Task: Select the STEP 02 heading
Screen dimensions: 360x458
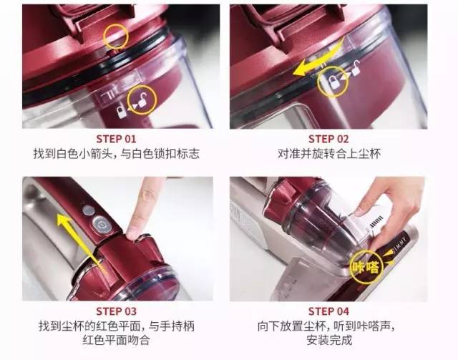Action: pyautogui.click(x=328, y=139)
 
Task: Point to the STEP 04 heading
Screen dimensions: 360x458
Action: pyautogui.click(x=328, y=311)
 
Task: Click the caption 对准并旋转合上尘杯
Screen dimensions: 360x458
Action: pyautogui.click(x=328, y=153)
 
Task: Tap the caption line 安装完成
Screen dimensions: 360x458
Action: pyautogui.click(x=328, y=340)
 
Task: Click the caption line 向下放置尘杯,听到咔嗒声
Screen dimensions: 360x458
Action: pyautogui.click(x=328, y=326)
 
